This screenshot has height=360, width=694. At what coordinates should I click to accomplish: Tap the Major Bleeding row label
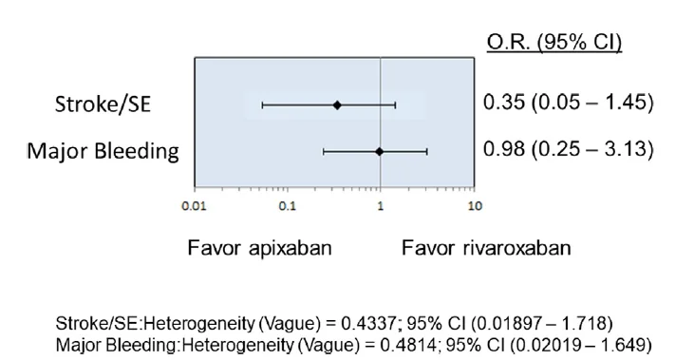[x=103, y=151]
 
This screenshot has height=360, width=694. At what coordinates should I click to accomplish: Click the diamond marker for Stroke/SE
[x=337, y=104]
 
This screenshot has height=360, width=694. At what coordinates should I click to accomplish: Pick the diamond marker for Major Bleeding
[x=379, y=151]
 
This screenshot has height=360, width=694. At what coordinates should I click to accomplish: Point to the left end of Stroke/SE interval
[x=262, y=104]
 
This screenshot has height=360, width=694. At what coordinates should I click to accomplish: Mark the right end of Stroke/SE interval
[x=395, y=104]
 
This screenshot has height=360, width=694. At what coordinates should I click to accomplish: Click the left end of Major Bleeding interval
[x=324, y=151]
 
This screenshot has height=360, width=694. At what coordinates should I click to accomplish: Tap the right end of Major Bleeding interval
[x=426, y=151]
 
